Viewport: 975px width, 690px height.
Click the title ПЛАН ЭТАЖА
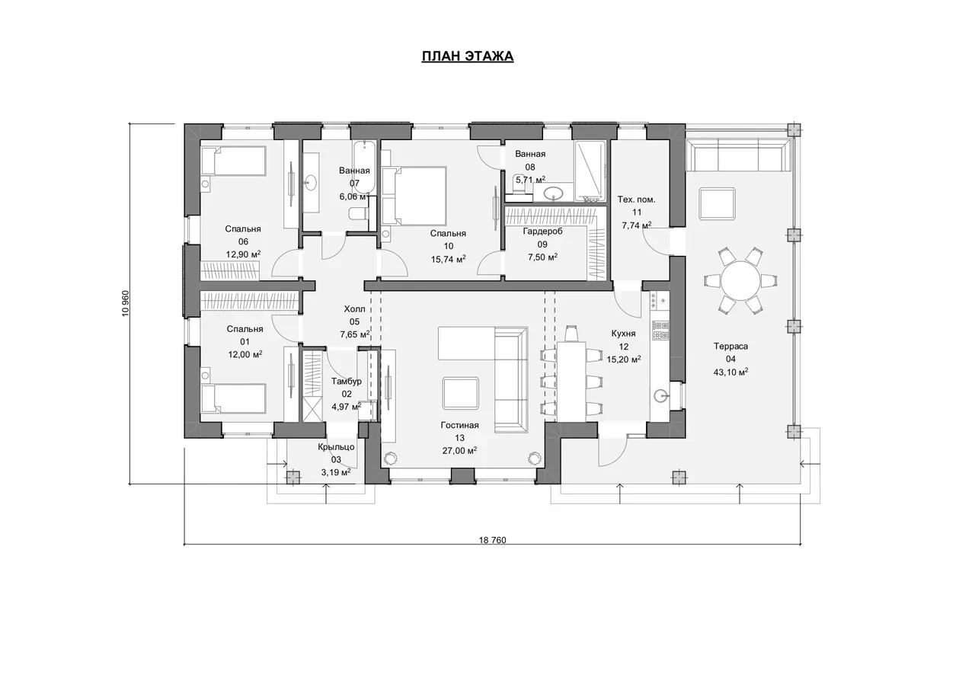coord(468,56)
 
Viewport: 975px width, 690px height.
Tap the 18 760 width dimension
coord(492,540)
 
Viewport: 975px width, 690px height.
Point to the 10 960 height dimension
coord(126,303)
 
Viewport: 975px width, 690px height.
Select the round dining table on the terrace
coord(740,280)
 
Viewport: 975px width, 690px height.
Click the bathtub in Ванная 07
coord(364,167)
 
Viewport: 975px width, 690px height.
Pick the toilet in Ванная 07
coord(358,213)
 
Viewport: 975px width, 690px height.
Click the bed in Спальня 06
coord(234,161)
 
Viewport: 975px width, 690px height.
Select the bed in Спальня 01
coord(234,398)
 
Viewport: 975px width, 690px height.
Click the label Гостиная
coord(459,425)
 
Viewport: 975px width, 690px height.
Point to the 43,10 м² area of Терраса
coord(730,372)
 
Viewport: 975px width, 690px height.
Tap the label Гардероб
coord(542,232)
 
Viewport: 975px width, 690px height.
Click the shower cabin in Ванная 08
coord(590,171)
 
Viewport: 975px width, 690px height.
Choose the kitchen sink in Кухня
coord(660,395)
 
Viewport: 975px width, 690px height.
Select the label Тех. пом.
coord(636,200)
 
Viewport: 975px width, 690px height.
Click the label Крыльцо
coord(336,447)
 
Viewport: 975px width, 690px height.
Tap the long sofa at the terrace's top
coord(739,155)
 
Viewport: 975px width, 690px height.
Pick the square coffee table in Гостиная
coord(461,393)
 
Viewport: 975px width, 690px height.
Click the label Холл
coord(354,309)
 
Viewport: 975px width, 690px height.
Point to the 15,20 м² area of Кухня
coord(624,359)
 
